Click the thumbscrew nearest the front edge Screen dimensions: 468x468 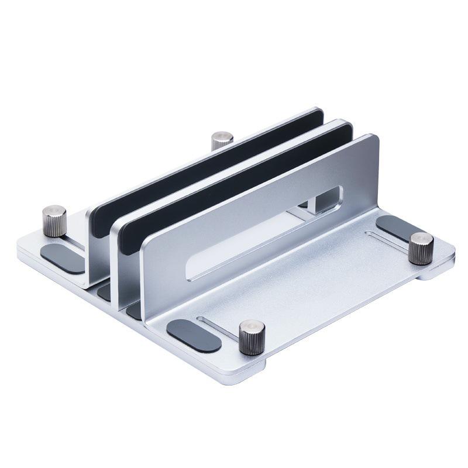[252, 337]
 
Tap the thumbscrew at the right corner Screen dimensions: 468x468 [421, 247]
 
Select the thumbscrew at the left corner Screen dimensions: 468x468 [55, 220]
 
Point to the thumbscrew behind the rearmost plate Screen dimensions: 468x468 [222, 140]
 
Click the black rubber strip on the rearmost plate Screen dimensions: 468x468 [205, 170]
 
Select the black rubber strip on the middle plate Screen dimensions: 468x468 [234, 187]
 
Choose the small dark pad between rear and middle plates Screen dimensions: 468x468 [105, 291]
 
